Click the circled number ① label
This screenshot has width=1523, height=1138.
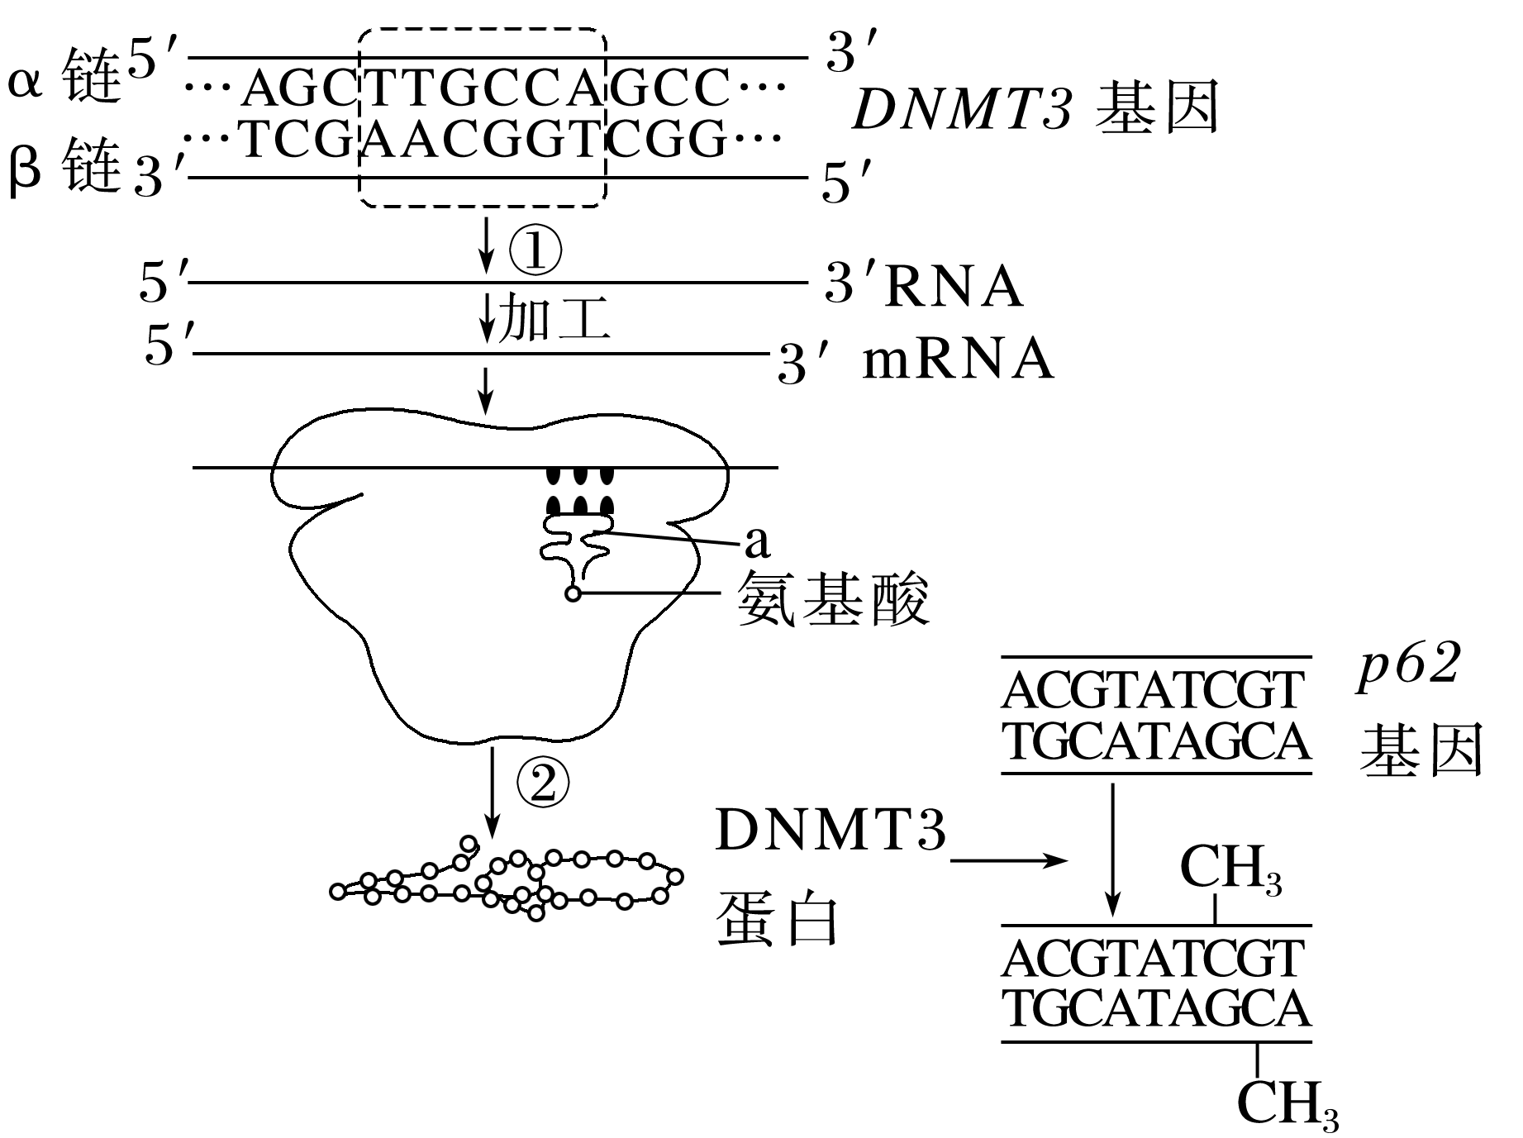[x=535, y=250]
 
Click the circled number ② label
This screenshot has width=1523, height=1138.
[x=543, y=783]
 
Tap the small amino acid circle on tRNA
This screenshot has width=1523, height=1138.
[x=573, y=593]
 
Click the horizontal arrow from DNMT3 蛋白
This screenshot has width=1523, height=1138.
[x=1009, y=860]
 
